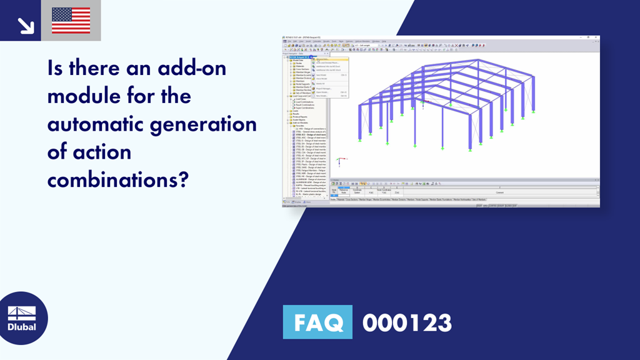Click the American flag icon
click(71, 20)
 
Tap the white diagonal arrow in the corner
click(26, 24)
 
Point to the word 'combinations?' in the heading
click(118, 179)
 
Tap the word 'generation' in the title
click(209, 124)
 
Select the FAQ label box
click(317, 323)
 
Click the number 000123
click(407, 323)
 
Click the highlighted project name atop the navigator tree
click(302, 57)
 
